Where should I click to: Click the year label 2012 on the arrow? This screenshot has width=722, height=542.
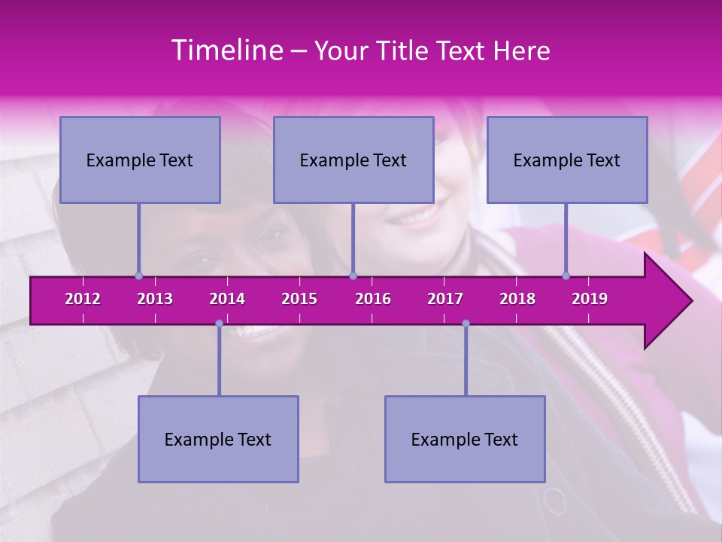tap(83, 299)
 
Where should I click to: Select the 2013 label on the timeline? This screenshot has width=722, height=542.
tap(155, 299)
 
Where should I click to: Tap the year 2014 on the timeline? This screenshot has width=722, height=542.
tap(227, 299)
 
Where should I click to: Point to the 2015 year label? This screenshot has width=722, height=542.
tap(299, 299)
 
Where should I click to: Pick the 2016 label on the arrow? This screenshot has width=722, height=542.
tap(373, 299)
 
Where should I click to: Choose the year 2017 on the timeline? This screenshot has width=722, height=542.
tap(445, 299)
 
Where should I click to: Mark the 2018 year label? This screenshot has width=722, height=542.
tap(517, 299)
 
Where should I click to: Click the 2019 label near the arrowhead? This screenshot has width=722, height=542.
tap(590, 299)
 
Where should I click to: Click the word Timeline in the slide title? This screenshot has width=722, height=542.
tap(226, 50)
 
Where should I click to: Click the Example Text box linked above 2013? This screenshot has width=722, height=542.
tap(140, 160)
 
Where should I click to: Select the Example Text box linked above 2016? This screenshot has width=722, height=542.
tap(353, 160)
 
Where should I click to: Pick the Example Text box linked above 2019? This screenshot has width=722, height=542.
tap(567, 160)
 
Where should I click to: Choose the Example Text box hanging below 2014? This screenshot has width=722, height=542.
tap(218, 439)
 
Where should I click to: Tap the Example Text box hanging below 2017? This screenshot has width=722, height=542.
tap(465, 439)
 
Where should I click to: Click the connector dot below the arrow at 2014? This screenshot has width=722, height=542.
tap(219, 323)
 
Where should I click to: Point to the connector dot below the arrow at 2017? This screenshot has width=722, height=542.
tap(466, 323)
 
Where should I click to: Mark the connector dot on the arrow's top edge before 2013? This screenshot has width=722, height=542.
tap(138, 276)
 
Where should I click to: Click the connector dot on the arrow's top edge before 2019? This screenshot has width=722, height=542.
tap(566, 276)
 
